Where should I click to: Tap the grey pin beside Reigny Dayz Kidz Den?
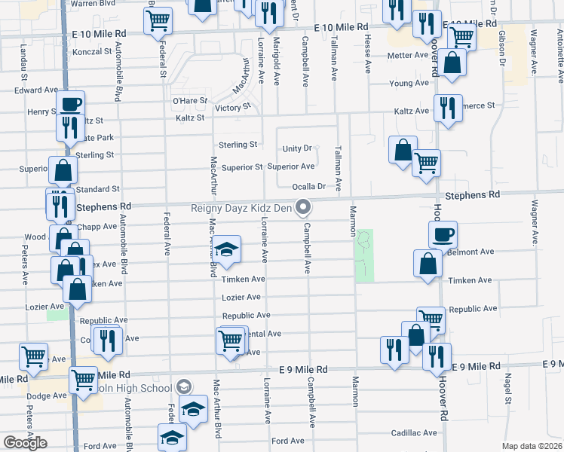304,206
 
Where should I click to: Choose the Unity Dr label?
297,148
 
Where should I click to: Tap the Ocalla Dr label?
311,186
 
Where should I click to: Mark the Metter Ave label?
407,55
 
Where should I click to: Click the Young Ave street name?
409,83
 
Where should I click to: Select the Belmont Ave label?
471,252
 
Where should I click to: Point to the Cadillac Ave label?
414,433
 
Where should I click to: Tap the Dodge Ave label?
47,395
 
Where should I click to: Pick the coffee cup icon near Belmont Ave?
443,234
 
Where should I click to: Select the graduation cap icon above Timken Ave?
225,249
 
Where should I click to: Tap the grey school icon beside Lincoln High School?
182,387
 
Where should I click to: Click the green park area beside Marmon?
365,256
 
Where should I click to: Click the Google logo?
25,443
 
